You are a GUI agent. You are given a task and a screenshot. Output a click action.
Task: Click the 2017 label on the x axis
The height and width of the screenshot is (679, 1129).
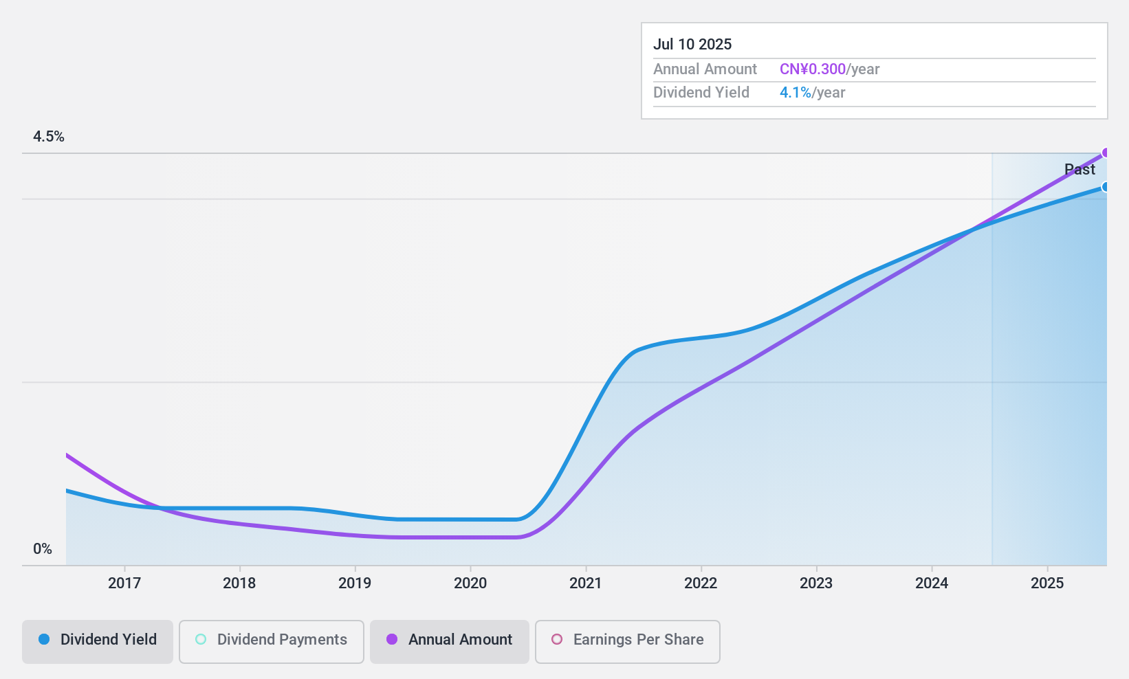[124, 583]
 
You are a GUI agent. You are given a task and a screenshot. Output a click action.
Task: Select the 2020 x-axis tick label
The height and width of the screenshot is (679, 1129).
[470, 583]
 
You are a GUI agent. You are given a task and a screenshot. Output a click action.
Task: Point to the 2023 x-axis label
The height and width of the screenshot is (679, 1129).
[816, 583]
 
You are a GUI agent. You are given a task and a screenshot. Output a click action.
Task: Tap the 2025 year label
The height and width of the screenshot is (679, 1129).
[1047, 583]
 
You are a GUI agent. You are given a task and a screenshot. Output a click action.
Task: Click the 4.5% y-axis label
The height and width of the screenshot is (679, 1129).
[49, 136]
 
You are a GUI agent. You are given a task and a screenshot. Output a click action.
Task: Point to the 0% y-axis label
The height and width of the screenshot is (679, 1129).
[43, 548]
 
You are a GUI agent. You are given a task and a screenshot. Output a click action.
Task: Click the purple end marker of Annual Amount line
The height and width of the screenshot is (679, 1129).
[1106, 153]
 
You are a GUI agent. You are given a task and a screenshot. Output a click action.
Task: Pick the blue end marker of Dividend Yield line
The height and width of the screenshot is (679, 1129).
[1106, 187]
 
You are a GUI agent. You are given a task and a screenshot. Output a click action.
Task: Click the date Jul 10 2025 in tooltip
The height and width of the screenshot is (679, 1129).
[692, 44]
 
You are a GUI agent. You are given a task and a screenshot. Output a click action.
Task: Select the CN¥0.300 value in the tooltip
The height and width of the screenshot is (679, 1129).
[812, 69]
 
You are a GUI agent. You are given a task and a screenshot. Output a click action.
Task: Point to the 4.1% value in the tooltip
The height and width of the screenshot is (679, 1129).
[795, 92]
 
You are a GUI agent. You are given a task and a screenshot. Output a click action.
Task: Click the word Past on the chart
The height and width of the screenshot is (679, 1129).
[1079, 169]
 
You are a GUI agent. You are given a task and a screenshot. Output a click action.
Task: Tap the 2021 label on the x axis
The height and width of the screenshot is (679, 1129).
[586, 583]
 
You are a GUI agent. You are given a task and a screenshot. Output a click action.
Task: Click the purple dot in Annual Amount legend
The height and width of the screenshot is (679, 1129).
[392, 639]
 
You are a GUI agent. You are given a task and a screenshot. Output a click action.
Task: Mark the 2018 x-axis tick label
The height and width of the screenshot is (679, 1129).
[239, 583]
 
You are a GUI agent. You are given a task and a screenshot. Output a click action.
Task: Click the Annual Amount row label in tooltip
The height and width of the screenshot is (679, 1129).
[705, 69]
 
